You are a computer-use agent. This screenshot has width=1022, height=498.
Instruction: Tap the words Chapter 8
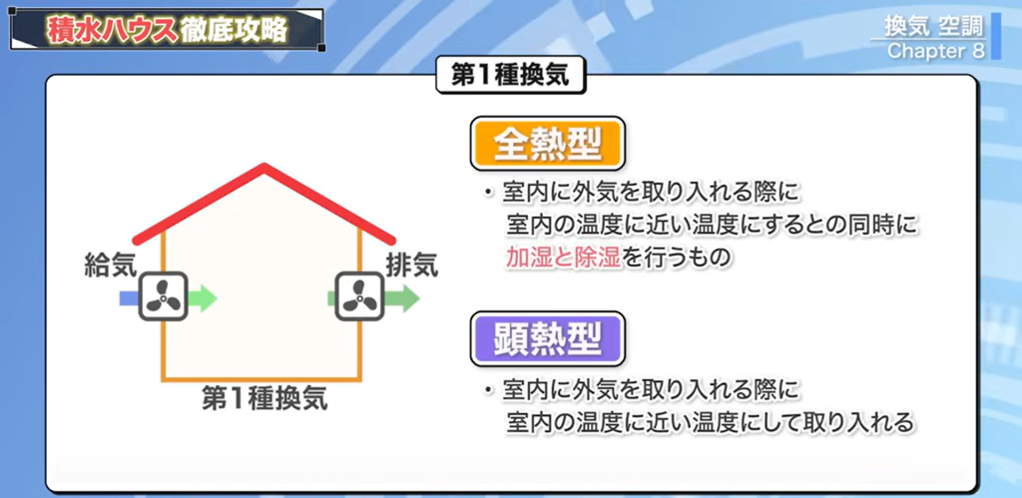(928, 51)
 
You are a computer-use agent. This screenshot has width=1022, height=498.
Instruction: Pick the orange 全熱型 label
(547, 146)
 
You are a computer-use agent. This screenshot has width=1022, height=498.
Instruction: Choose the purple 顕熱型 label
(547, 339)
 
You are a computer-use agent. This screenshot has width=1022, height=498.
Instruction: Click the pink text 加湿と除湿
(564, 257)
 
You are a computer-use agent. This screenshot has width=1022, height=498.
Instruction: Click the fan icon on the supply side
(163, 297)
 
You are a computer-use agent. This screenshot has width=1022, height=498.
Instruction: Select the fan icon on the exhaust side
(359, 297)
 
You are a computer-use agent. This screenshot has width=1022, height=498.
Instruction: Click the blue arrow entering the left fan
(129, 297)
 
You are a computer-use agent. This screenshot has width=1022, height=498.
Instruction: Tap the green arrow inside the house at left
(201, 297)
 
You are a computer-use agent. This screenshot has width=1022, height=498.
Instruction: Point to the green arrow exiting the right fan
(400, 297)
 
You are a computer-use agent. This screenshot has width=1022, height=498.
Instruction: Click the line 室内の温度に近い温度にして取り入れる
(709, 422)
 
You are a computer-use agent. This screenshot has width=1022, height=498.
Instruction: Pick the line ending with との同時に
(711, 224)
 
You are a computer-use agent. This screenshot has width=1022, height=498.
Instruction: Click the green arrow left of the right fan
(332, 297)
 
